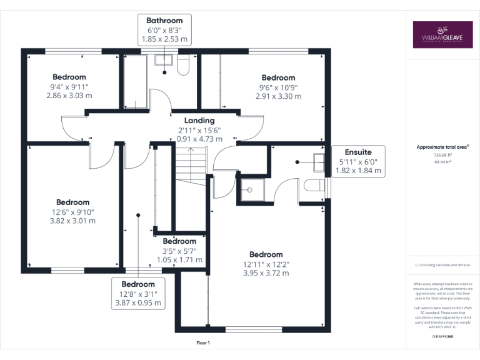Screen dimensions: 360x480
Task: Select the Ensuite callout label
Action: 358,161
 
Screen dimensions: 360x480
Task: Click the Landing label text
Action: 199,120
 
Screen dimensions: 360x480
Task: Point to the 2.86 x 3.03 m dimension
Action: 69,96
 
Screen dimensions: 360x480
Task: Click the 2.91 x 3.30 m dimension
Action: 278,96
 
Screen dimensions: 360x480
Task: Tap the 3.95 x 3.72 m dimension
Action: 266,273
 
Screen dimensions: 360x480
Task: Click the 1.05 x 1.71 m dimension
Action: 179,259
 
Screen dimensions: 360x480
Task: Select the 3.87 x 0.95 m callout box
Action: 138,293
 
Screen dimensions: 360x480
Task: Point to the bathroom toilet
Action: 183,64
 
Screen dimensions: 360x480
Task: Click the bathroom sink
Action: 165,61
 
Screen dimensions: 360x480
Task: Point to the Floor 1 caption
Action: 203,343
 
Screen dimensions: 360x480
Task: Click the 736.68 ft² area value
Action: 442,155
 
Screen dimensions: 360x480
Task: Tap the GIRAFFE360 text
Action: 442,336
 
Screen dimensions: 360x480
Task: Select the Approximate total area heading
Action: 442,147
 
